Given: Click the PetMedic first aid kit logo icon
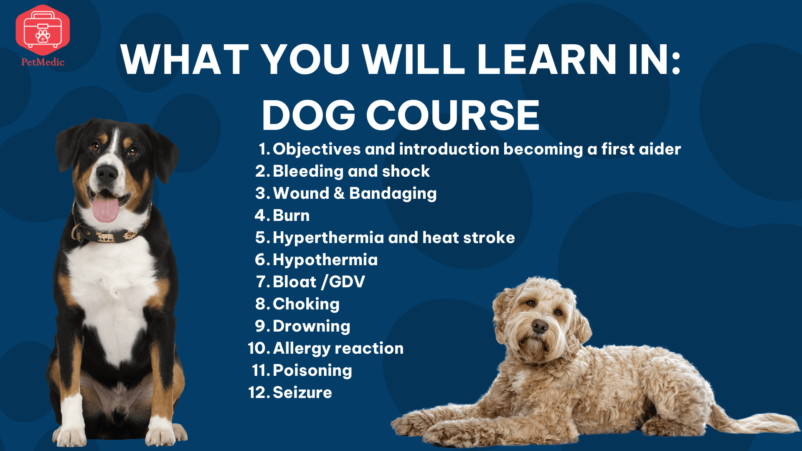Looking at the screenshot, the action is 43,30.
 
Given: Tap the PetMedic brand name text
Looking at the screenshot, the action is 43,62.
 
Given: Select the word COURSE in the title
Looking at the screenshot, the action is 453,115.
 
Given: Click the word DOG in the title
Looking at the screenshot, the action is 309,115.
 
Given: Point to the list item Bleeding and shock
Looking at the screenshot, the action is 351,171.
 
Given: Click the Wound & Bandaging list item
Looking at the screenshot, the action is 355,193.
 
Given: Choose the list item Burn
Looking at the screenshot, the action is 291,215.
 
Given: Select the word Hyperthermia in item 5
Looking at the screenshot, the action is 328,238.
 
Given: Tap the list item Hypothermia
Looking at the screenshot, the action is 325,260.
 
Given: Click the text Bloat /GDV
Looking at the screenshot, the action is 319,282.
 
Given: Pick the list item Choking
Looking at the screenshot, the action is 306,304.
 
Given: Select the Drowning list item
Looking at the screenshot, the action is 311,326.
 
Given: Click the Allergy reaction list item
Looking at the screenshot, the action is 338,348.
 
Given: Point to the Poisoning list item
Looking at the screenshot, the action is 312,370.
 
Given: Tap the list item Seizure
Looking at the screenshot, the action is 302,393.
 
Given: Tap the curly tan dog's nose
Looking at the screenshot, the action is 540,326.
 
